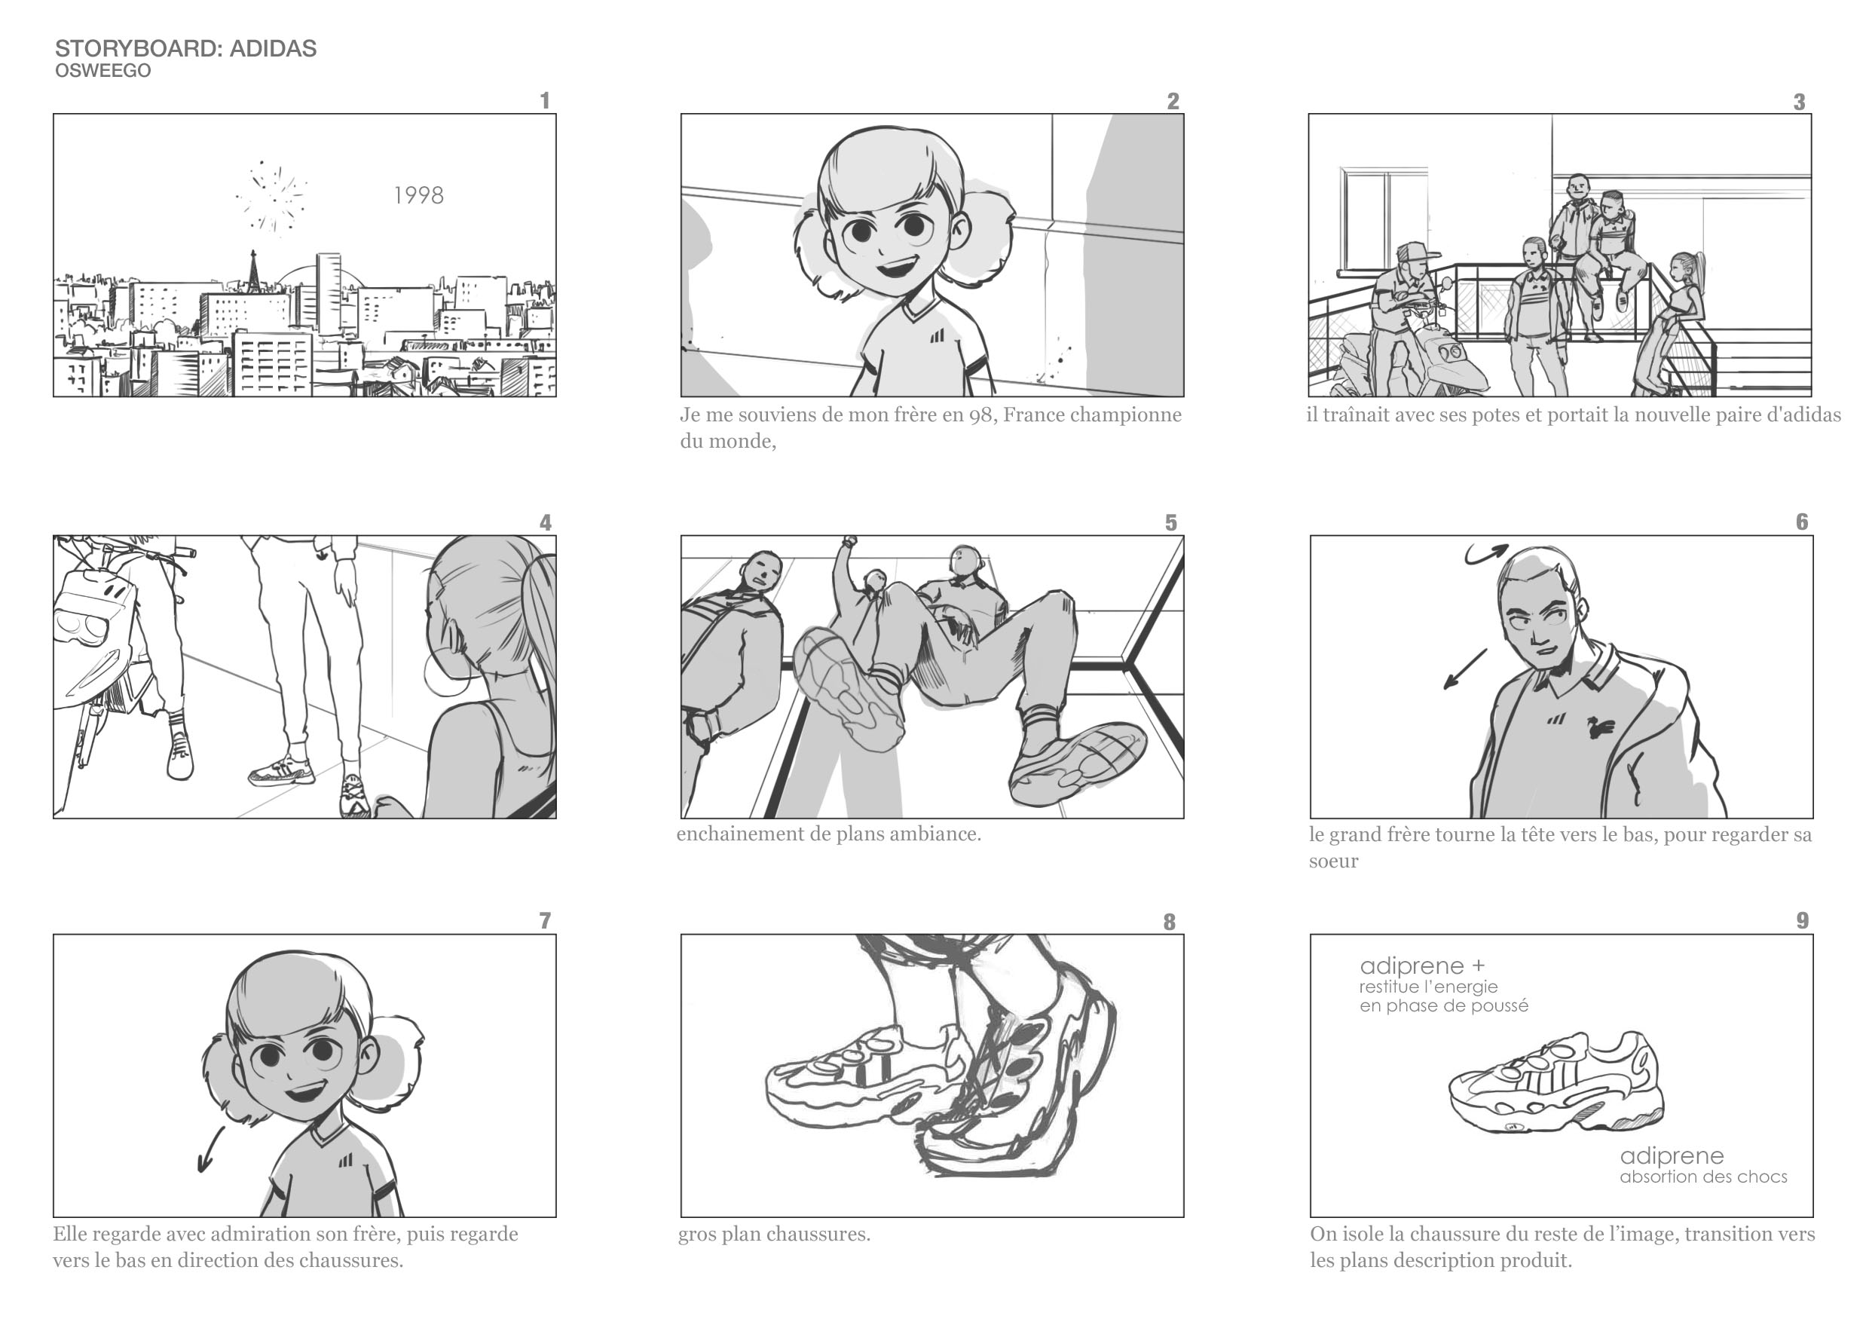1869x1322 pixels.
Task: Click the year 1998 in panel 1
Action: pyautogui.click(x=418, y=195)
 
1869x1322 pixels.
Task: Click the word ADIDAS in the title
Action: pyautogui.click(x=273, y=49)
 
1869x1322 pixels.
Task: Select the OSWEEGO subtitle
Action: pyautogui.click(x=102, y=71)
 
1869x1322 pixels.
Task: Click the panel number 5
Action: pyautogui.click(x=1170, y=522)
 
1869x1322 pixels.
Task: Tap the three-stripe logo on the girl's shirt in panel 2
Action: pyautogui.click(x=938, y=335)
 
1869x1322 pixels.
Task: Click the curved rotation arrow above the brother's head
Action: pyautogui.click(x=1486, y=553)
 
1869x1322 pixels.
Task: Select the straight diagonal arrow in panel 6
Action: pyautogui.click(x=1465, y=669)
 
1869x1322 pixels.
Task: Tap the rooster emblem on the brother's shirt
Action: pyautogui.click(x=1598, y=726)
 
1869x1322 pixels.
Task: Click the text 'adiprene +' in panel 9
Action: pyautogui.click(x=1422, y=966)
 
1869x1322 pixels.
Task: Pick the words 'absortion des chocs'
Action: pyautogui.click(x=1703, y=1177)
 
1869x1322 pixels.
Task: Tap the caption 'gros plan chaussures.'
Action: pyautogui.click(x=774, y=1234)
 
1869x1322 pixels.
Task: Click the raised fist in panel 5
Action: pyautogui.click(x=849, y=540)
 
